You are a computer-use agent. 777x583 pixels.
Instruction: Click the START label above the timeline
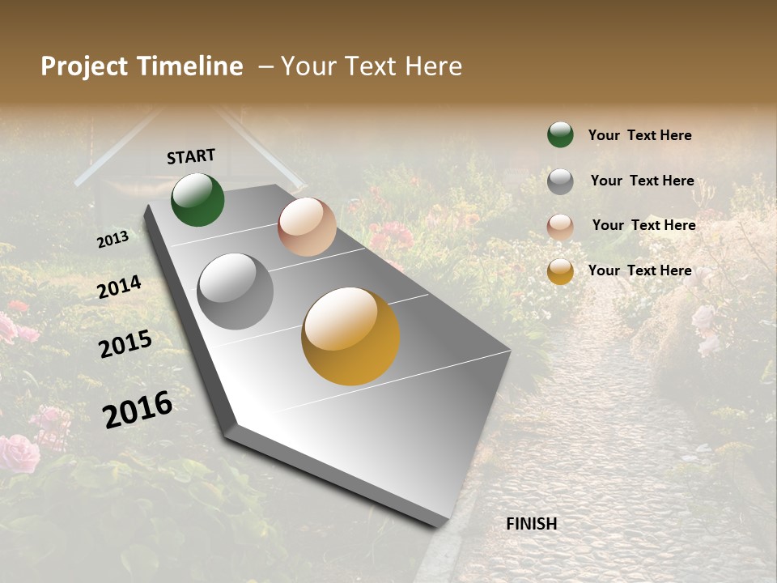[191, 156]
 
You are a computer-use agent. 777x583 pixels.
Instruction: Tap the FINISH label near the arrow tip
[532, 524]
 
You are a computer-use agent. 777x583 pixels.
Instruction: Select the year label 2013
[113, 240]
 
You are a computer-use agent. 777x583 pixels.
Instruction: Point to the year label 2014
[120, 287]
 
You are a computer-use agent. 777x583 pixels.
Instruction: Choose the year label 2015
[125, 344]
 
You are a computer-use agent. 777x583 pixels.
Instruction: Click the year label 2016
[138, 409]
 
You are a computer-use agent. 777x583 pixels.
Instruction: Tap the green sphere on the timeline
[197, 199]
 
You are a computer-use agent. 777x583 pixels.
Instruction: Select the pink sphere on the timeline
[307, 227]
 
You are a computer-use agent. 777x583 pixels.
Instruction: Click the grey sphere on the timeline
[236, 291]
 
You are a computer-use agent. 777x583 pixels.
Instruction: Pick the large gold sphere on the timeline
[350, 336]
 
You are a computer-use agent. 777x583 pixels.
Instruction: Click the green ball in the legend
[560, 134]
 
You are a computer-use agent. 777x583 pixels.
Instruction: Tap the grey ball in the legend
[560, 181]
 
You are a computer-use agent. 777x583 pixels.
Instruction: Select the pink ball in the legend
[560, 226]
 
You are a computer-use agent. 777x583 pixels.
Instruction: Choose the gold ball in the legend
[560, 271]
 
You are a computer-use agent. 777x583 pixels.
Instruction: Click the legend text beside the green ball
[639, 135]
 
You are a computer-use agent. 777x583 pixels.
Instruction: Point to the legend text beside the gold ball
[639, 270]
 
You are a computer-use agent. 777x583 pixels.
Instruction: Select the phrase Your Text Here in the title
[372, 66]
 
